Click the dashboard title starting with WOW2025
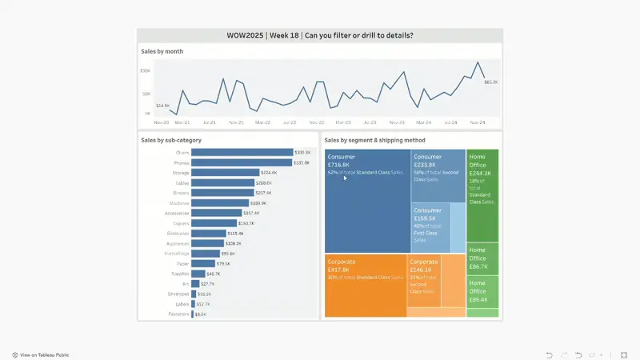[x=320, y=35]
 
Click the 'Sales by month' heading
[x=162, y=51]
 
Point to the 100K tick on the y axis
[x=145, y=71]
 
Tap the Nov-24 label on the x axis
[x=478, y=122]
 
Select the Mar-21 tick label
[x=182, y=122]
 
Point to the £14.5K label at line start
[x=162, y=106]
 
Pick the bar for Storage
[x=225, y=172]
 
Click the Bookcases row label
[x=178, y=234]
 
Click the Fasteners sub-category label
[x=178, y=314]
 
